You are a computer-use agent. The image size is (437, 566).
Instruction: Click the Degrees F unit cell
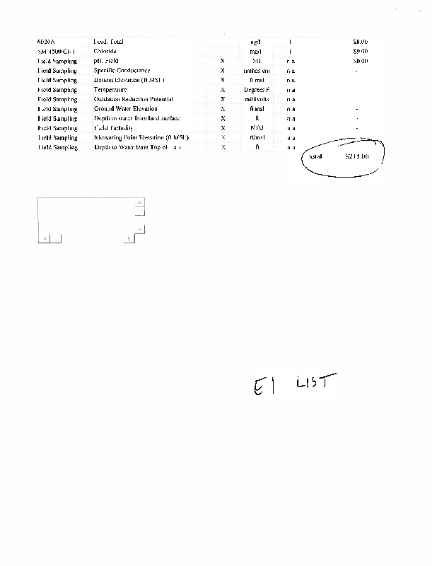(256, 90)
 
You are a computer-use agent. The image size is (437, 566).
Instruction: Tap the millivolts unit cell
(256, 100)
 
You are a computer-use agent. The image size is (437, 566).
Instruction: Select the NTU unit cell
(257, 128)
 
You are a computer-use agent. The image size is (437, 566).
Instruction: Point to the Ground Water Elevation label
(125, 109)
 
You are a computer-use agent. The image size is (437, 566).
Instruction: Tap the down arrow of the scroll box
(139, 229)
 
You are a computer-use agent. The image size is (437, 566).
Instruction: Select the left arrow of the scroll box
(45, 239)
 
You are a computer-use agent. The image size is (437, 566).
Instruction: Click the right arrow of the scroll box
(128, 239)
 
